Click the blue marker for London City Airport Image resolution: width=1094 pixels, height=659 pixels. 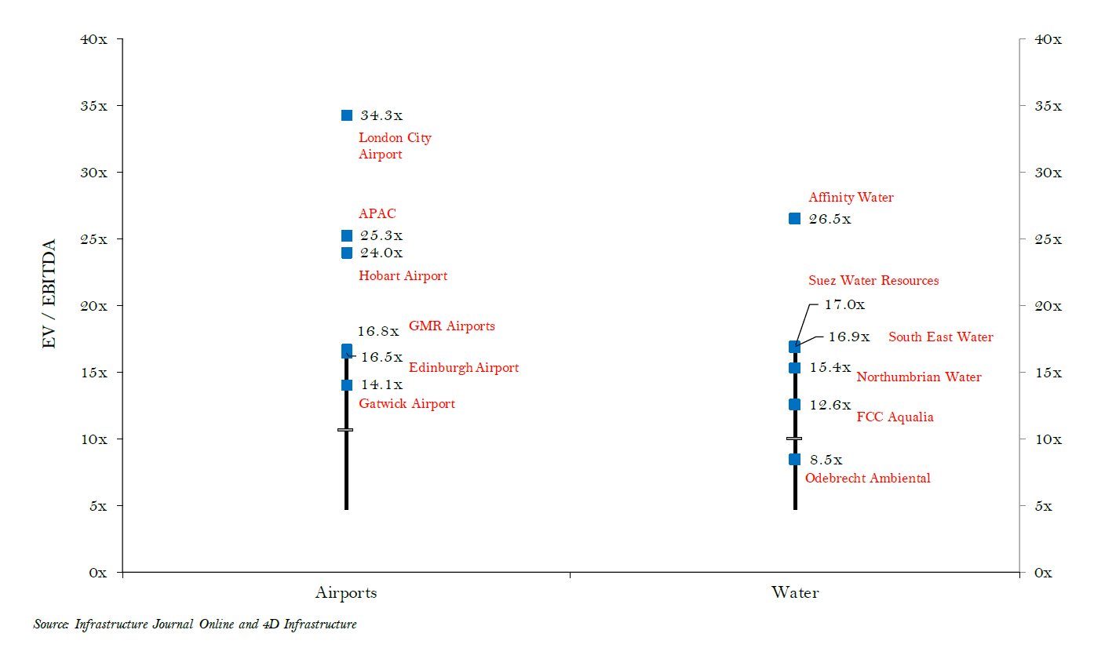click(x=347, y=115)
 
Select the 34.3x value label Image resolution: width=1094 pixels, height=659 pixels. click(x=381, y=116)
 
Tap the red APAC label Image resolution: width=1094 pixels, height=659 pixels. click(x=377, y=213)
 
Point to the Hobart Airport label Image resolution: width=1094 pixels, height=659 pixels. click(x=403, y=276)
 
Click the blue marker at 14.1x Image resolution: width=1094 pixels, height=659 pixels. click(x=347, y=384)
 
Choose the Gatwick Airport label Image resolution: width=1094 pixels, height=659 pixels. click(x=407, y=404)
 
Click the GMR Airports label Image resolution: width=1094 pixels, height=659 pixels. click(x=452, y=326)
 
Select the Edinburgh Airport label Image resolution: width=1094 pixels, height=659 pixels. click(x=464, y=368)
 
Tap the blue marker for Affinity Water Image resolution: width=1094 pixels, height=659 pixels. click(x=794, y=218)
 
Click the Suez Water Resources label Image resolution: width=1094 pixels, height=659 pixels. click(x=873, y=281)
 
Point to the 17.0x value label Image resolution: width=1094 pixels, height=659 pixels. click(x=844, y=305)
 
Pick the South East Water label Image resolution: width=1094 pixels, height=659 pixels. click(x=940, y=337)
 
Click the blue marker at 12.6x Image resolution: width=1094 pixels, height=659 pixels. click(x=794, y=404)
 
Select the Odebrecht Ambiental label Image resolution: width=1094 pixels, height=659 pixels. click(x=868, y=479)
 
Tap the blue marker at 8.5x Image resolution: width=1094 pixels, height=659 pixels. click(x=794, y=459)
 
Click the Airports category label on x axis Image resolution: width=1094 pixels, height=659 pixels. click(x=346, y=593)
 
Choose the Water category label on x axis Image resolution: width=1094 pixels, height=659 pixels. click(x=795, y=593)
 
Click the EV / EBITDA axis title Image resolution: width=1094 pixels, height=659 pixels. click(x=49, y=294)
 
